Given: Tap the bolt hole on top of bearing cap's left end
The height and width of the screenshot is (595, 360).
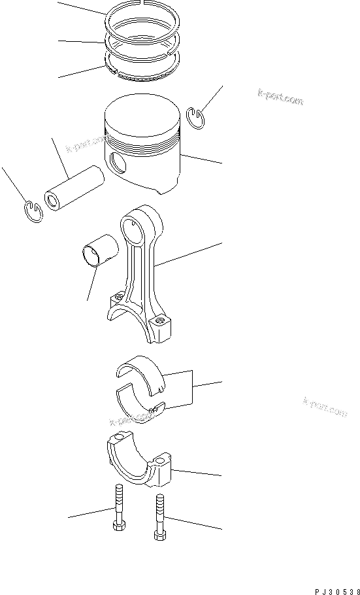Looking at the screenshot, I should (x=118, y=437).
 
